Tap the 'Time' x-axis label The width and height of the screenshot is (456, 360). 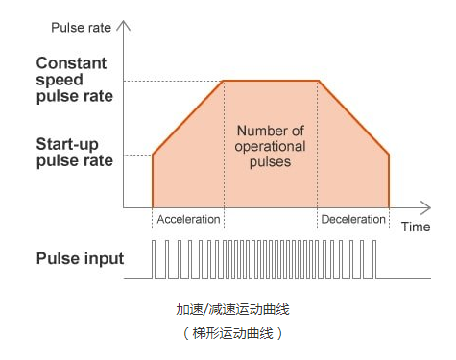click(x=415, y=227)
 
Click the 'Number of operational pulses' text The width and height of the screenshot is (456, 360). click(x=270, y=146)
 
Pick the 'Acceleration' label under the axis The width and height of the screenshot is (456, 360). click(x=188, y=219)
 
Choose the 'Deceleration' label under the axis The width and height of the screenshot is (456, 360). click(x=352, y=219)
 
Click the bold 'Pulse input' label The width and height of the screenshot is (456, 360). click(x=80, y=258)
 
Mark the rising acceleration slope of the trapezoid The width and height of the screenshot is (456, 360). click(x=188, y=117)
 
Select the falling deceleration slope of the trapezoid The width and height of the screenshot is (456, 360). click(x=353, y=117)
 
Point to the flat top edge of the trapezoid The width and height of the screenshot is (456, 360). click(x=270, y=81)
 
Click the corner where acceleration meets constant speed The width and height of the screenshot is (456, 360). click(x=223, y=81)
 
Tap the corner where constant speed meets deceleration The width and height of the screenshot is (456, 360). click(x=318, y=81)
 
